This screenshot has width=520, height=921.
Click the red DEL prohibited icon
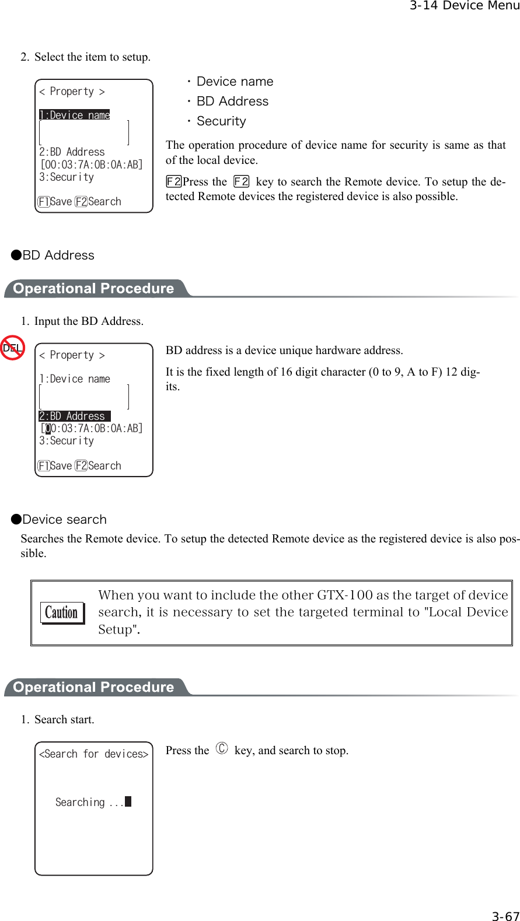pos(12,348)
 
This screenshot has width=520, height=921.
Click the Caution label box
pos(62,612)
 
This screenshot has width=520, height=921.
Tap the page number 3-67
pos(505,916)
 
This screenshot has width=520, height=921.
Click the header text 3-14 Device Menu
pos(464,6)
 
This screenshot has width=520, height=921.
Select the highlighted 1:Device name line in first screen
pos(74,115)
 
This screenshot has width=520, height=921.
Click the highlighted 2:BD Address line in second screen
pos(74,416)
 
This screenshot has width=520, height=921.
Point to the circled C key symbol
pos(222,749)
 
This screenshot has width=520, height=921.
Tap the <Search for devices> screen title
pos(93,754)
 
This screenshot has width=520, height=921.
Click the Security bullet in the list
pos(221,121)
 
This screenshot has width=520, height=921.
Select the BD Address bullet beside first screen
pos(232,101)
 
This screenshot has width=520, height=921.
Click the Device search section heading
pos(64,520)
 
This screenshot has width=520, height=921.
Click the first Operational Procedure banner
pos(93,289)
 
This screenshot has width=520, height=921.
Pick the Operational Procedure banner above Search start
pos(93,687)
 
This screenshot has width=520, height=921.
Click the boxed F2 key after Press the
pos(241,182)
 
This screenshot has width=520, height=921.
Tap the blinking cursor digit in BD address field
pos(48,429)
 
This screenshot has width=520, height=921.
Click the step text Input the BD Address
pos(88,321)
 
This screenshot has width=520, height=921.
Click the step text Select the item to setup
pos(92,57)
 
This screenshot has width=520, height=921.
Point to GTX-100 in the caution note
pos(344,596)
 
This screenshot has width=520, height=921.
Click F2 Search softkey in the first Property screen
pos(98,202)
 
